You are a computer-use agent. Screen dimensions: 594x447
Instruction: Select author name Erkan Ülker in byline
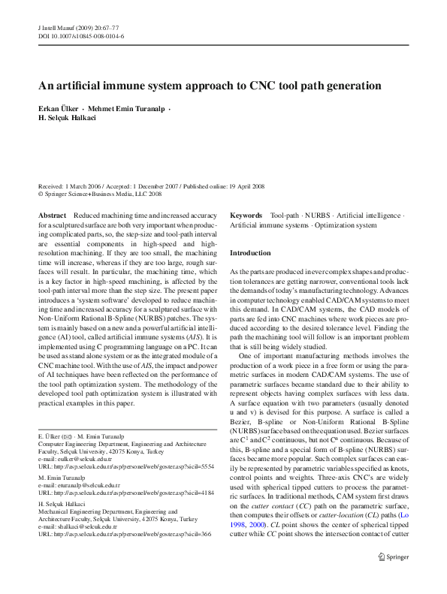(x=61, y=109)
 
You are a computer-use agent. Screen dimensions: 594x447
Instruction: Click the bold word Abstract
(x=51, y=216)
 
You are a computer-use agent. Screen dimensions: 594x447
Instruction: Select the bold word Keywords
(x=246, y=216)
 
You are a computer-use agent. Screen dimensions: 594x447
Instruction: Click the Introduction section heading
(x=250, y=253)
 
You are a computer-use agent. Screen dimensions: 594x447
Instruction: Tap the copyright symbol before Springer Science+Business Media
(x=41, y=194)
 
